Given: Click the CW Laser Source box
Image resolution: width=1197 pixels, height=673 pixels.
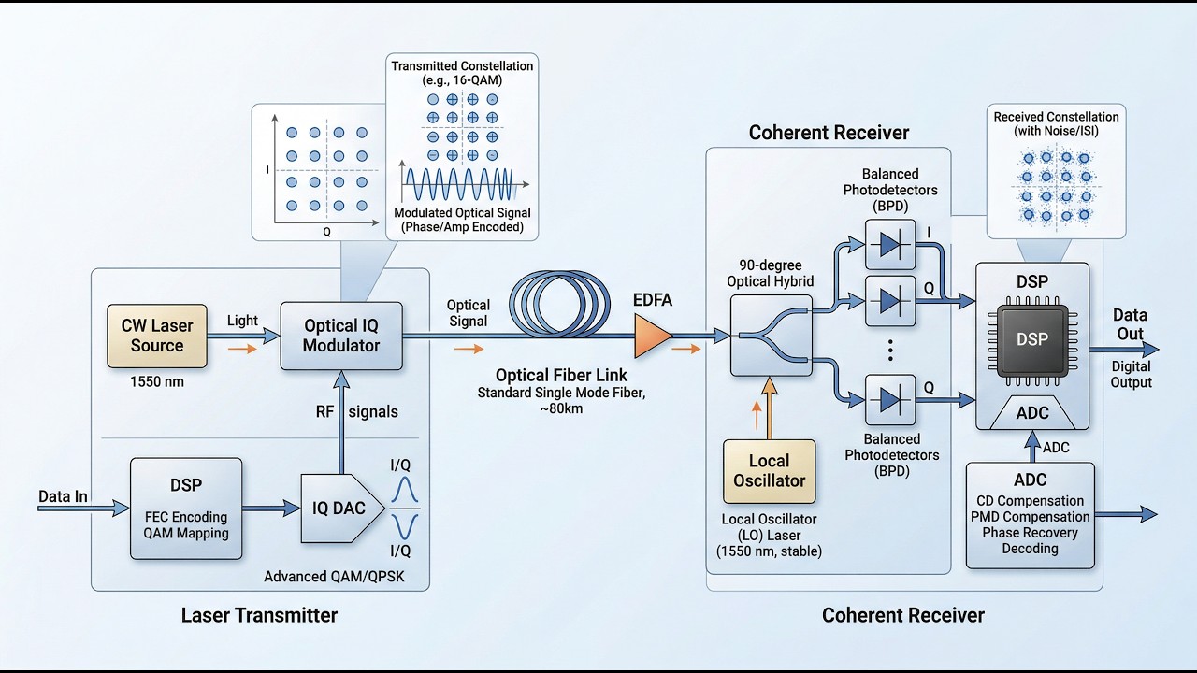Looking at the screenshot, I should click(x=156, y=336).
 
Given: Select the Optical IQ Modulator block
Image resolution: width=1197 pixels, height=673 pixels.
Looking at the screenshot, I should click(x=341, y=336).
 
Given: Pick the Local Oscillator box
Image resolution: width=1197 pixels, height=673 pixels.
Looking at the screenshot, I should click(x=769, y=470).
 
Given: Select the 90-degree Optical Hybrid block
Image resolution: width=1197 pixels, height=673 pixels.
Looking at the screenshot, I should click(x=772, y=336).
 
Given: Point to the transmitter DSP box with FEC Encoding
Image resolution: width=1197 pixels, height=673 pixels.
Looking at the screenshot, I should click(x=186, y=508).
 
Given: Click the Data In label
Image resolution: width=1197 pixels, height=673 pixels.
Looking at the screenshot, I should click(x=63, y=496).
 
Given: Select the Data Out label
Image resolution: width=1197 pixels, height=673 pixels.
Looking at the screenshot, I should click(x=1130, y=324).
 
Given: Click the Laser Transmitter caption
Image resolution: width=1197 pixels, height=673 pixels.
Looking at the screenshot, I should click(x=259, y=615).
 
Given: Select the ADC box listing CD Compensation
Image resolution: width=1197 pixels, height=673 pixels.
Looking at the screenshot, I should click(x=1030, y=515).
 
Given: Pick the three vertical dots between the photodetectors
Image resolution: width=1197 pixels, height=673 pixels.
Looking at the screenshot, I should click(x=891, y=351).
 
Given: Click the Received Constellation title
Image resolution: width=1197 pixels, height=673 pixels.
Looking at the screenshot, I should click(x=1056, y=123).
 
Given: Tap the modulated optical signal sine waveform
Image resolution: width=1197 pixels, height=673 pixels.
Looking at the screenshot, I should click(x=457, y=181).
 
